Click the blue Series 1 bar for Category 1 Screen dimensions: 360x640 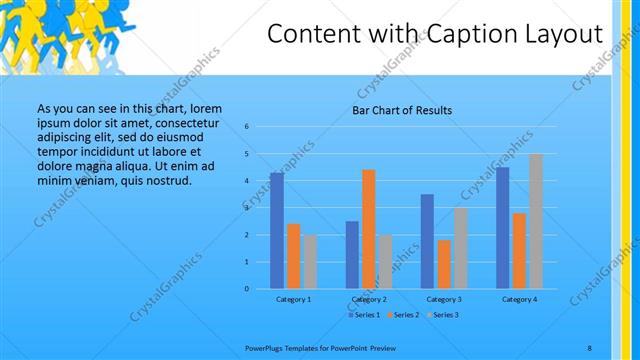click(x=276, y=231)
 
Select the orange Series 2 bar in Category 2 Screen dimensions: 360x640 click(x=368, y=229)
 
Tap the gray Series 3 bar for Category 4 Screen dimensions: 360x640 click(x=535, y=221)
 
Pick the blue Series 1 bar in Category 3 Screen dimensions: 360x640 click(x=427, y=241)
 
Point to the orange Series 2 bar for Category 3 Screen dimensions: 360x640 click(x=443, y=264)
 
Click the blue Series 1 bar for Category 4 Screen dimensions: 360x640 click(x=502, y=228)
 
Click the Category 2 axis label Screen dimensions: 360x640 click(x=368, y=299)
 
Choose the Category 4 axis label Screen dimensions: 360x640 click(x=519, y=299)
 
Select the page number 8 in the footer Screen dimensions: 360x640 click(x=590, y=348)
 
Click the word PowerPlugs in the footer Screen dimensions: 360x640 click(x=264, y=348)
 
